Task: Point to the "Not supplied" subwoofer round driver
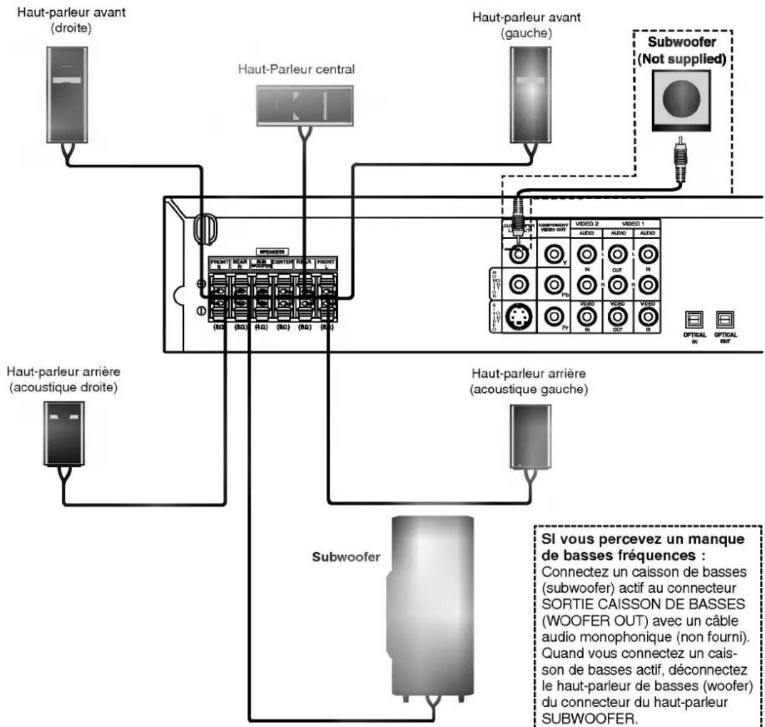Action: coord(681,99)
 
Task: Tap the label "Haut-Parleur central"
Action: coord(296,69)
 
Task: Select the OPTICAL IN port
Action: coord(694,319)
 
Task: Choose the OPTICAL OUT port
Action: coord(724,319)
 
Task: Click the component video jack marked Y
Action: coord(552,253)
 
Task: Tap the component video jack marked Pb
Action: coord(552,285)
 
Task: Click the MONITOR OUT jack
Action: coord(517,285)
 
